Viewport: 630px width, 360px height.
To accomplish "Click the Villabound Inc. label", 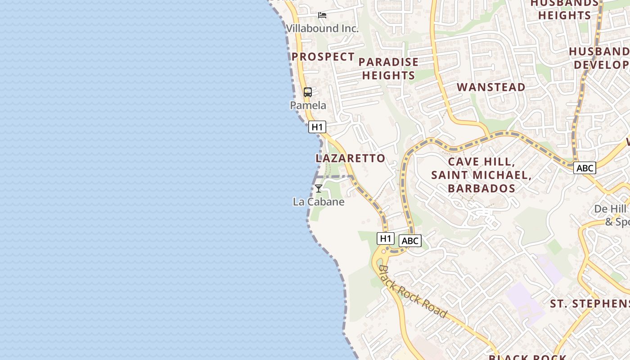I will (x=322, y=28).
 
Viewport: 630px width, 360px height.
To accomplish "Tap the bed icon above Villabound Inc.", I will (x=322, y=15).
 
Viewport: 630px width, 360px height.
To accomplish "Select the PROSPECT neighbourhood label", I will (x=323, y=57).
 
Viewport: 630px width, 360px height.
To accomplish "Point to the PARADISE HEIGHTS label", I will (x=388, y=68).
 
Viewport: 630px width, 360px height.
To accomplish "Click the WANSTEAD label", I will (x=491, y=87).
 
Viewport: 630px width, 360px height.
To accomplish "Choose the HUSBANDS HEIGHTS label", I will (x=564, y=9).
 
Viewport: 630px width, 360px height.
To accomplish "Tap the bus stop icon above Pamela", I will (x=308, y=92).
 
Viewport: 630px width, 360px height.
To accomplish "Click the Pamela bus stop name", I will (x=308, y=105).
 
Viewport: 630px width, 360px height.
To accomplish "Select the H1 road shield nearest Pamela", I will (x=317, y=127).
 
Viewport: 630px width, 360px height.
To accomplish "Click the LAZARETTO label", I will (x=351, y=158).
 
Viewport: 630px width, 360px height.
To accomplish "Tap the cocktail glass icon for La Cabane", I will (x=319, y=189).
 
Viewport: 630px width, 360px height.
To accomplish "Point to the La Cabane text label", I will (x=319, y=202).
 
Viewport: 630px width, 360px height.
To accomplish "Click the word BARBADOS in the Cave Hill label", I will (x=481, y=188).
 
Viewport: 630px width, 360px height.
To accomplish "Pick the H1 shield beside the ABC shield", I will (x=385, y=238).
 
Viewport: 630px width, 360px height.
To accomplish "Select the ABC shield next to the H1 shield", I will (x=409, y=241).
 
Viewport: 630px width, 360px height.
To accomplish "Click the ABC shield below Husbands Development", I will (x=585, y=168).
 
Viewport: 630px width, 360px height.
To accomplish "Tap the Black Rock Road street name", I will (x=413, y=292).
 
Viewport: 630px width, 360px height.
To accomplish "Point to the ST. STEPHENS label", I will (x=589, y=304).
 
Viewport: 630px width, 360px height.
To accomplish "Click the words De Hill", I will (x=610, y=209).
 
